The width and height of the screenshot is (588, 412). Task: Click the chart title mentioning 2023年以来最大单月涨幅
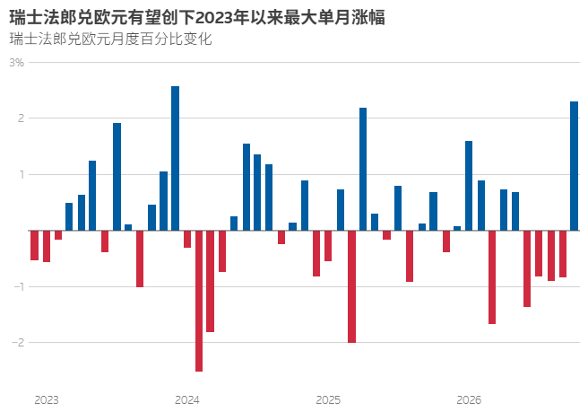[197, 17]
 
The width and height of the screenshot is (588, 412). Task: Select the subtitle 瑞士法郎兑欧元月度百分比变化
[110, 39]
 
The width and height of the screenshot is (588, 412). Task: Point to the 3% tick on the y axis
[17, 63]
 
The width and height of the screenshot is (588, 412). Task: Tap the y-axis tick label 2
[21, 118]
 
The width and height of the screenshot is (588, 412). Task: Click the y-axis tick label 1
[22, 174]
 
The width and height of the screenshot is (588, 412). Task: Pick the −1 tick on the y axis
[19, 286]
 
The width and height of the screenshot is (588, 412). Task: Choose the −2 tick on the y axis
[18, 342]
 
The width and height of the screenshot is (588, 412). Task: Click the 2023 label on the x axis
[47, 400]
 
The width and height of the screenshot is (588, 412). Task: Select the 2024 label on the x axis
[187, 400]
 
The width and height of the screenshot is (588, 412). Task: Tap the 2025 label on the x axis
[328, 400]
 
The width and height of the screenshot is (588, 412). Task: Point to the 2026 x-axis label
[469, 400]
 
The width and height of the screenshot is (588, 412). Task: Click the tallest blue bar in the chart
[175, 158]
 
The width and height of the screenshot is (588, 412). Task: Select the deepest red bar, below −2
[199, 301]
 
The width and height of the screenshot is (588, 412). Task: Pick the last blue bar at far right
[575, 166]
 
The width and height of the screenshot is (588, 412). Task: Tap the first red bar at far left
[34, 245]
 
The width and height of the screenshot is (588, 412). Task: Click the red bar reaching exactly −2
[351, 286]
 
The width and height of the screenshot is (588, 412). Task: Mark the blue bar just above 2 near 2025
[363, 169]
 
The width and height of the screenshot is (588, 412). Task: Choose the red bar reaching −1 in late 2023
[140, 259]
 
